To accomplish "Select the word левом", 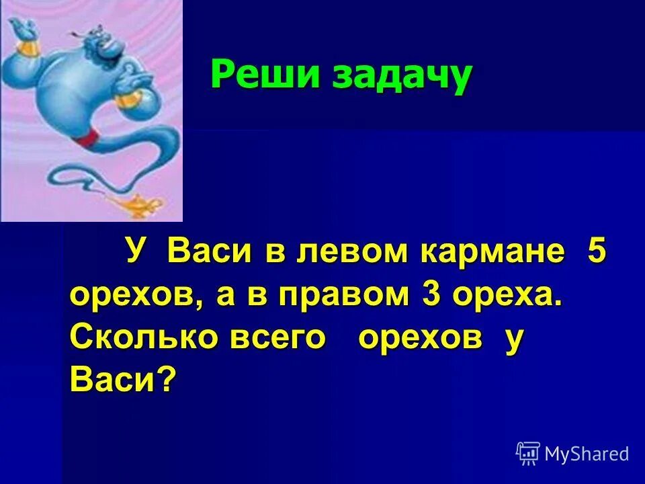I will [349, 254].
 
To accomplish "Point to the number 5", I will [596, 253].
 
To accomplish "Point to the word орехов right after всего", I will [420, 338].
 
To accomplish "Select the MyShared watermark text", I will [587, 454].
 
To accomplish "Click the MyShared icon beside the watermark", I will [528, 453].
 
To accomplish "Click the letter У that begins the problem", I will [134, 253].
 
